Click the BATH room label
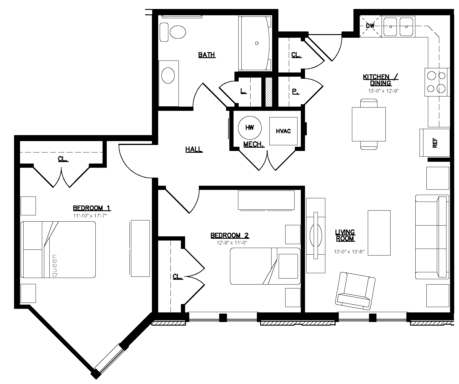coord(207,55)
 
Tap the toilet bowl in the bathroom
coord(178,32)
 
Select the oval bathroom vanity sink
coord(168,75)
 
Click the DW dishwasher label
coord(370,26)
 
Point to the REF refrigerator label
coord(435,143)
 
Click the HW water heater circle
coord(250,128)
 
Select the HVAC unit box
coord(283,131)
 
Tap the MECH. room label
coord(254,144)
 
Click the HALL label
coord(194,149)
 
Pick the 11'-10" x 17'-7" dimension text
coord(90,216)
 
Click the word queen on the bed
coord(55,266)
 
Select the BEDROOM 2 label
coord(230,235)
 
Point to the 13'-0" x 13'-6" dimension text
coord(349,251)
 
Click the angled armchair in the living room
coord(355,291)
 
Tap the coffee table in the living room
coord(379,233)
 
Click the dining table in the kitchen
coord(369,124)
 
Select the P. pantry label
coord(295,91)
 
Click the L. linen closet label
coord(243,91)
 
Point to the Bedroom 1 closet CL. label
coord(63,159)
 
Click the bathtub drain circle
coord(257,43)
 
